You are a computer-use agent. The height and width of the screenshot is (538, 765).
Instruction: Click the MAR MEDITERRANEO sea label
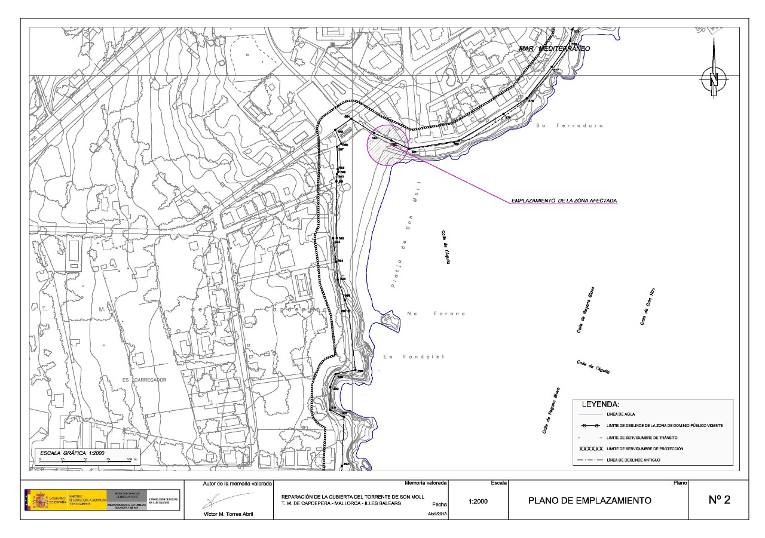tap(554, 48)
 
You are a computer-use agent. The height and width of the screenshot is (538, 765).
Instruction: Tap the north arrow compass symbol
tap(714, 78)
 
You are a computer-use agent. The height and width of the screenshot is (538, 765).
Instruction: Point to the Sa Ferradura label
tap(570, 126)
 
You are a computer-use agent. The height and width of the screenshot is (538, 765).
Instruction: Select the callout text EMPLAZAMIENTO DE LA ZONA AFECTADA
tap(564, 201)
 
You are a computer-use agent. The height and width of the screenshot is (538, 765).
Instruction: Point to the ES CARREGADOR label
tap(127, 380)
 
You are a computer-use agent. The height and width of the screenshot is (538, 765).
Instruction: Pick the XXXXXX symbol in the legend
tap(590, 448)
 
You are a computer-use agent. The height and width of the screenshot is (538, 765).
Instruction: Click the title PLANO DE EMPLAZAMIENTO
tap(589, 500)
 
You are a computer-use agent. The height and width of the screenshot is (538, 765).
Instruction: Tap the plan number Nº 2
tap(719, 500)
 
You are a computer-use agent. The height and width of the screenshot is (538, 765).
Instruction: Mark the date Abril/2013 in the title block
tap(439, 514)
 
